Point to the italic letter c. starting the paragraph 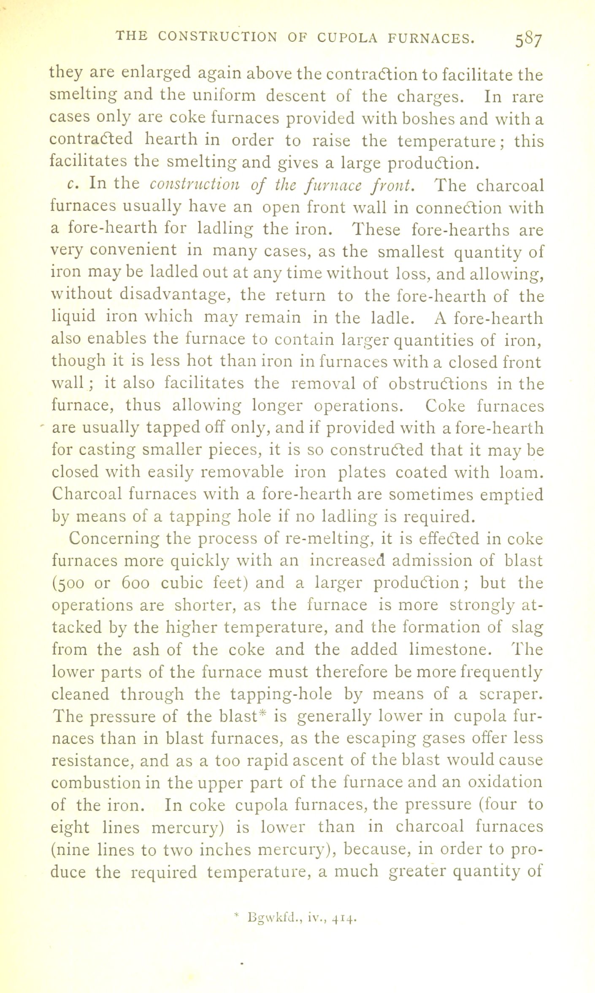(x=72, y=184)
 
